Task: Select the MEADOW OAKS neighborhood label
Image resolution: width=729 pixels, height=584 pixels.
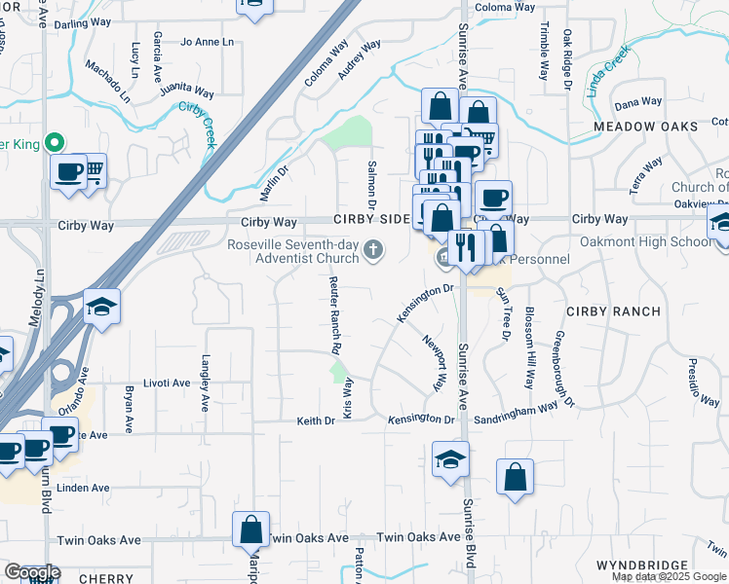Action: point(646,127)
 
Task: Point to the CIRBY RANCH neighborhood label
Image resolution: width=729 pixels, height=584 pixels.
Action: point(613,311)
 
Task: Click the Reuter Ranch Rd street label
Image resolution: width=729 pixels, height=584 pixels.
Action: point(333,313)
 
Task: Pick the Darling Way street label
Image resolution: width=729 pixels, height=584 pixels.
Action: point(83,22)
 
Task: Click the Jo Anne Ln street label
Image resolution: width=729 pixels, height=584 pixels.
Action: point(208,43)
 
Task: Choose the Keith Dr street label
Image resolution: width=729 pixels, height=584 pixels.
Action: point(316,420)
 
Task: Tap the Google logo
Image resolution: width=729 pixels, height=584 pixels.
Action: point(31,572)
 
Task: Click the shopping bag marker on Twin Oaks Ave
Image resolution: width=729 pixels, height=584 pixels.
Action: point(250,530)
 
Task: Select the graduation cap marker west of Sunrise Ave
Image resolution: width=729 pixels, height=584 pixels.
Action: point(450,459)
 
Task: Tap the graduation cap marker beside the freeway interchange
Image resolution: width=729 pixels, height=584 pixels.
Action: point(101,307)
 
